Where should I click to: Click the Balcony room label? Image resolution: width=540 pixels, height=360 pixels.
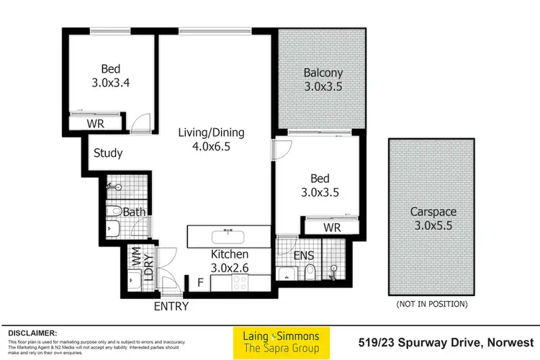point(323,73)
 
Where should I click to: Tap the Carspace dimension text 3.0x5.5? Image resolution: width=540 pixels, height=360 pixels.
point(430,225)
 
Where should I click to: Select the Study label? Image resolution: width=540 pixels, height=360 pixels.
point(108,153)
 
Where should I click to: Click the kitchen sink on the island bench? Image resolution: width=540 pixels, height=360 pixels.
point(228,235)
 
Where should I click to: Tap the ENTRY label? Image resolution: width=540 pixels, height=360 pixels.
point(171,306)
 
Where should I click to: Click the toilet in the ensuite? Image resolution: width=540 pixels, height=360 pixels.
point(309,273)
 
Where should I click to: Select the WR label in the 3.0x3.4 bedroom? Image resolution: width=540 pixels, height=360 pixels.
point(95,124)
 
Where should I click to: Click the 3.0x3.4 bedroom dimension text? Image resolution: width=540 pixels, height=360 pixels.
point(110,84)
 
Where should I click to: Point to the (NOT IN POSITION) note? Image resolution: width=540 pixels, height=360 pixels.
point(431,304)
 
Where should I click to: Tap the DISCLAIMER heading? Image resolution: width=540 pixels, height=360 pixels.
point(32,333)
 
